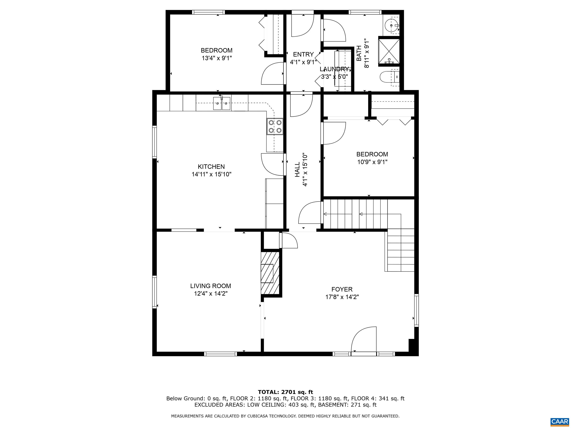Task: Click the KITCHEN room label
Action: click(x=211, y=167)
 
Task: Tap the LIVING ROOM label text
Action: click(x=211, y=286)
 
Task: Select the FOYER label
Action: click(x=342, y=289)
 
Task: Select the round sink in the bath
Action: click(x=392, y=26)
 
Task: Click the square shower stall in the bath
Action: click(x=389, y=53)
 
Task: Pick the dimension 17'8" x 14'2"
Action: click(x=342, y=297)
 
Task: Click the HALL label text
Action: click(x=298, y=169)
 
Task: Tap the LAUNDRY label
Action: click(x=335, y=69)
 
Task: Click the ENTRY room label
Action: click(x=303, y=54)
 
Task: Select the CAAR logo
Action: click(x=559, y=421)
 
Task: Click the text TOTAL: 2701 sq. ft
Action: click(x=285, y=392)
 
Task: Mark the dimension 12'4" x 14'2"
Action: click(x=211, y=294)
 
